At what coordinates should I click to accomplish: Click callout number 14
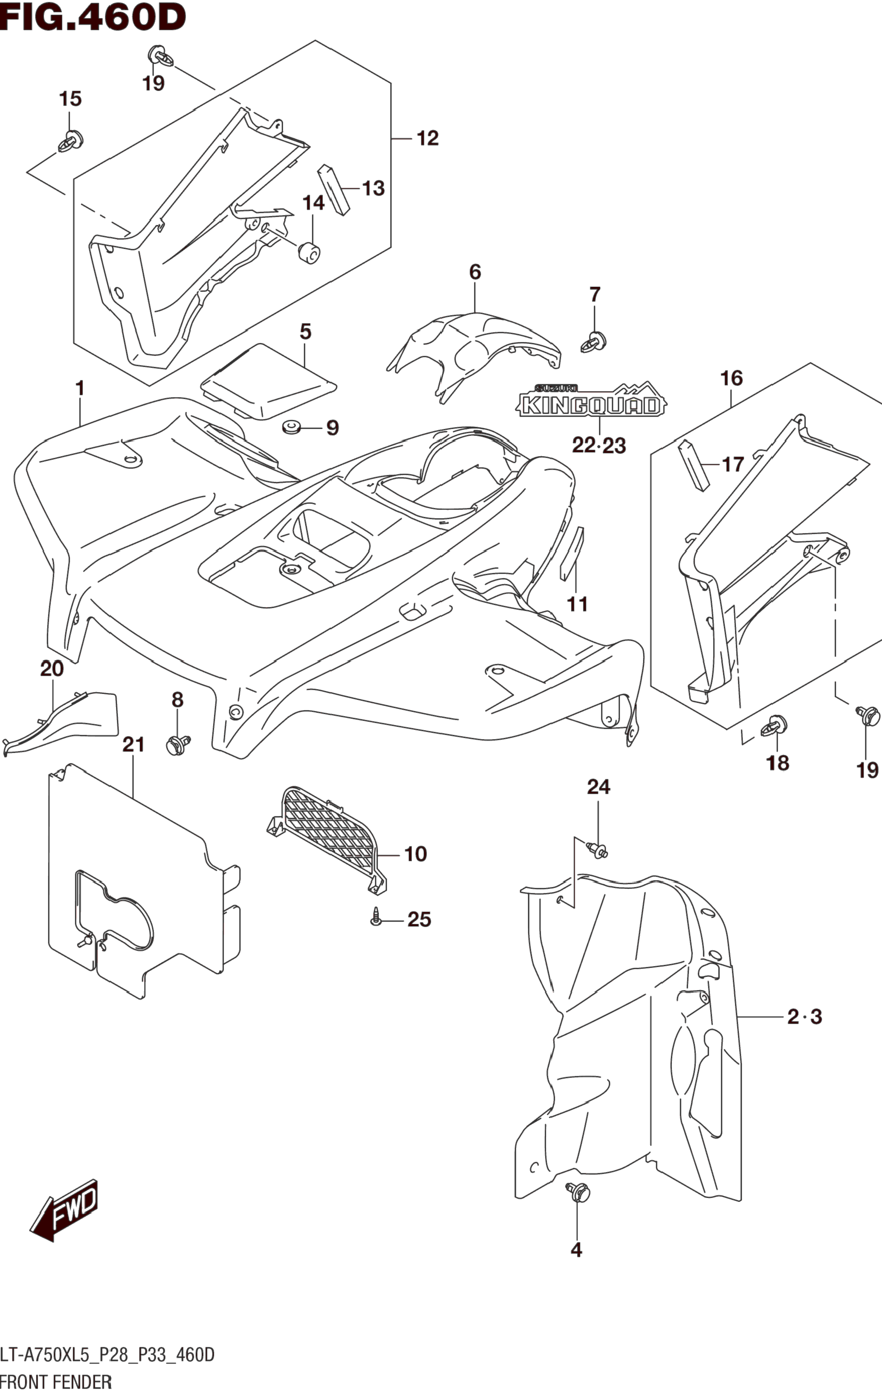(x=314, y=203)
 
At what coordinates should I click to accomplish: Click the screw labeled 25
(x=376, y=918)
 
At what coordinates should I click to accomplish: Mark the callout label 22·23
(x=599, y=445)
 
